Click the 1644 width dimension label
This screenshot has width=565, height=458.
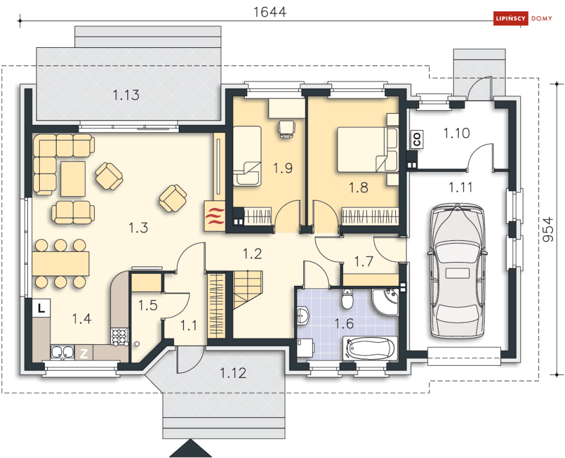[x=270, y=12]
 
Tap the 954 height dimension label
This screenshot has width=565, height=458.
[x=548, y=230]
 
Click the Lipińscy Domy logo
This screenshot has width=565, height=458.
[x=523, y=18]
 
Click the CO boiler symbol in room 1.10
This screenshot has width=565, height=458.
[x=417, y=139]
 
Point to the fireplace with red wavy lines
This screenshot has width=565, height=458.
[x=215, y=216]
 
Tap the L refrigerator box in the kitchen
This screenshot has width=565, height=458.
[x=41, y=308]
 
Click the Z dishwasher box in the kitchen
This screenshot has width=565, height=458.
[x=83, y=353]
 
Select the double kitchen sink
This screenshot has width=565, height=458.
[x=62, y=353]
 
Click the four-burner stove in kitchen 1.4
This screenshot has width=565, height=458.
[x=120, y=337]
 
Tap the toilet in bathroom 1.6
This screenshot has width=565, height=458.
[x=347, y=298]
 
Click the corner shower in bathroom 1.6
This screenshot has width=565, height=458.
[x=385, y=302]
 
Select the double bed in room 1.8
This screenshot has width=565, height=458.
[x=368, y=149]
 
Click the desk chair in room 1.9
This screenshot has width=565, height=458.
[x=286, y=129]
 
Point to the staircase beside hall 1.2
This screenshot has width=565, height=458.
[x=248, y=289]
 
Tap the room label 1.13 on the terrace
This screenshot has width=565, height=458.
[x=125, y=95]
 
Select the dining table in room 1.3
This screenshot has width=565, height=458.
[x=61, y=263]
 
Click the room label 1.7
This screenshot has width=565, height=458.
[x=363, y=261]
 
